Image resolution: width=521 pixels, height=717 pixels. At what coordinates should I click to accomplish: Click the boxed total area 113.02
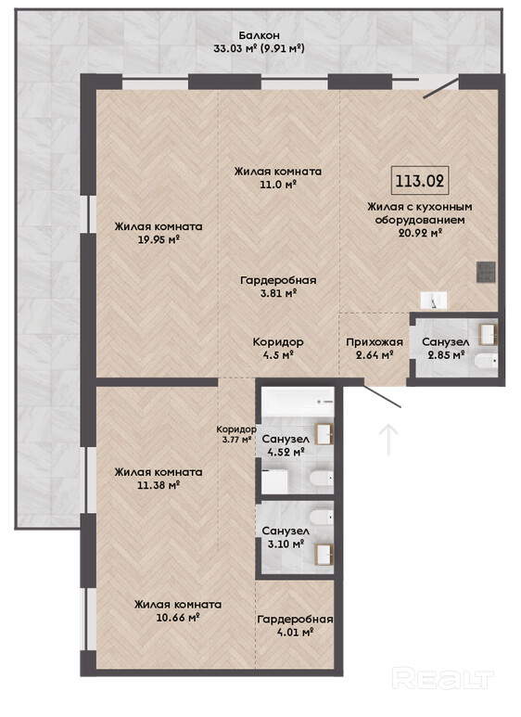pyautogui.click(x=420, y=180)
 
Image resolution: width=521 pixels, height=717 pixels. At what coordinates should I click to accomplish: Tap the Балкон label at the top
pyautogui.click(x=260, y=35)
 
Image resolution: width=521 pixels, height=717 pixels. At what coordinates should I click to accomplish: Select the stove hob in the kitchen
pyautogui.click(x=486, y=272)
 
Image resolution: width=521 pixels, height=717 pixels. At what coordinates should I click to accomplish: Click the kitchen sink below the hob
pyautogui.click(x=434, y=300)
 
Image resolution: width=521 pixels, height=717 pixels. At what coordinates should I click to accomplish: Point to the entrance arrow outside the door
pyautogui.click(x=388, y=440)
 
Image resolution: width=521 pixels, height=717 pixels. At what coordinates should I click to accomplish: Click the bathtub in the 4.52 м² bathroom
pyautogui.click(x=298, y=402)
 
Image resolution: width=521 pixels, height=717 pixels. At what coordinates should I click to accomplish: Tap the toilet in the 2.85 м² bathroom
pyautogui.click(x=486, y=361)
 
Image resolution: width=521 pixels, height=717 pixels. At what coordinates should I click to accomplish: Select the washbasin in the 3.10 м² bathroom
pyautogui.click(x=325, y=554)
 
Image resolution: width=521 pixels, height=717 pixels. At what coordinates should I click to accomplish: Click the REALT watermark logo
pyautogui.click(x=443, y=679)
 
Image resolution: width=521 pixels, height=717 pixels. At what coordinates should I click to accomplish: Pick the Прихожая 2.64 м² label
pyautogui.click(x=375, y=349)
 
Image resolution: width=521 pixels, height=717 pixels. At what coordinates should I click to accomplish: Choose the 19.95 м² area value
pyautogui.click(x=159, y=239)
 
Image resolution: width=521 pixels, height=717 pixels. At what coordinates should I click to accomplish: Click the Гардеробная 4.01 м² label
pyautogui.click(x=295, y=625)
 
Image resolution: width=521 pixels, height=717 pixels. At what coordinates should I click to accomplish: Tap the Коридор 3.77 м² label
pyautogui.click(x=235, y=434)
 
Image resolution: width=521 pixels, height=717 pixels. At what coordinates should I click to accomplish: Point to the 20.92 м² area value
pyautogui.click(x=420, y=233)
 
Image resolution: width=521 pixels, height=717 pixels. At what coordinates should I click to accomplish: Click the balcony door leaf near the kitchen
pyautogui.click(x=441, y=88)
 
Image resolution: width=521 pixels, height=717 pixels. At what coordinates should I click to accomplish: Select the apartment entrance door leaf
pyautogui.click(x=383, y=393)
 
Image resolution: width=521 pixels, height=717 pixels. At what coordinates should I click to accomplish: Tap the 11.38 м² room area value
pyautogui.click(x=159, y=485)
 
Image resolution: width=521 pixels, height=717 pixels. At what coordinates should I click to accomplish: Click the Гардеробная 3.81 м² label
pyautogui.click(x=278, y=287)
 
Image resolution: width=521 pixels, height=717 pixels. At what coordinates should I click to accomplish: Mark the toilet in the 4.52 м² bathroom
pyautogui.click(x=322, y=479)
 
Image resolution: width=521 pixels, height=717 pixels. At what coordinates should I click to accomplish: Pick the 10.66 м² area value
pyautogui.click(x=178, y=618)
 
